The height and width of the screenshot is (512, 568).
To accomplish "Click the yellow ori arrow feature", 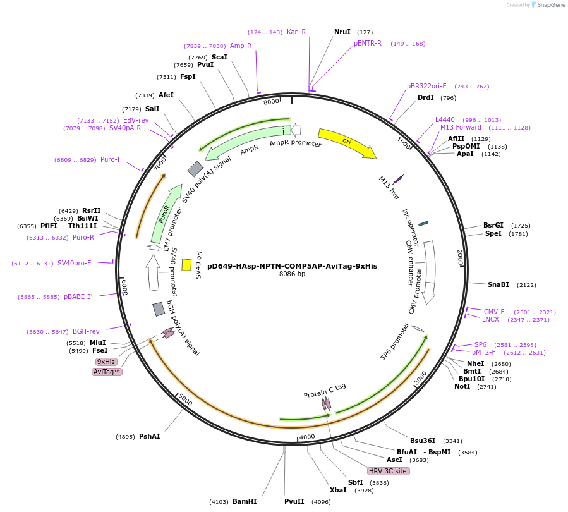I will [x=346, y=142].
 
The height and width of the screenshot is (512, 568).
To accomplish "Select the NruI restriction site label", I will [x=342, y=32].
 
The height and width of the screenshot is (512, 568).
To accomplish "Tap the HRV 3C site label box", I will [x=388, y=471].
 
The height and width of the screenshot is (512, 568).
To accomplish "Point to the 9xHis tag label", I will [x=106, y=362].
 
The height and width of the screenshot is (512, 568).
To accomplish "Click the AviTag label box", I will [x=107, y=372].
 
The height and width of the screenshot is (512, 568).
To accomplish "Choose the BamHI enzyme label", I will [x=245, y=501].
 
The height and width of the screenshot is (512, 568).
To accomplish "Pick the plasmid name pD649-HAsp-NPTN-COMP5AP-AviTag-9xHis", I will [x=292, y=266].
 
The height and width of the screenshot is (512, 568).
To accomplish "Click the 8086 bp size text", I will [x=292, y=274].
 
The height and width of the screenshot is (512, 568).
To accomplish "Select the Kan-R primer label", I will [x=296, y=32].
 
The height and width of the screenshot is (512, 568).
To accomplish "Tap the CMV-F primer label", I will [x=494, y=312].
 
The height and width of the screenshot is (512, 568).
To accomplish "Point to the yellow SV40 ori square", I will [x=186, y=265].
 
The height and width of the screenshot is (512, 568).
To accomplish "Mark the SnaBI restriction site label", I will [x=498, y=284].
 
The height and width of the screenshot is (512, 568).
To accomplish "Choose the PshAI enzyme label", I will [x=150, y=436].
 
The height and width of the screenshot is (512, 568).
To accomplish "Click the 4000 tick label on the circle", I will [x=307, y=437].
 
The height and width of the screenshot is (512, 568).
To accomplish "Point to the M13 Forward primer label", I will [x=461, y=128].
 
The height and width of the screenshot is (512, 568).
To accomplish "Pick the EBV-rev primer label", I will [x=136, y=120].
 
